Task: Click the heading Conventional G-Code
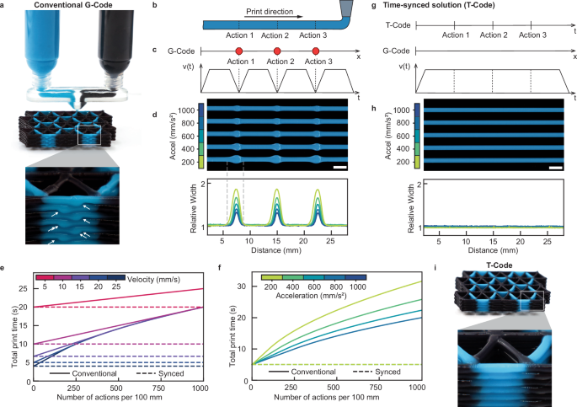tap(72, 8)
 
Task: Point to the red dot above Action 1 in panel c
tap(238, 51)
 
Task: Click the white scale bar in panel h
tap(555, 167)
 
